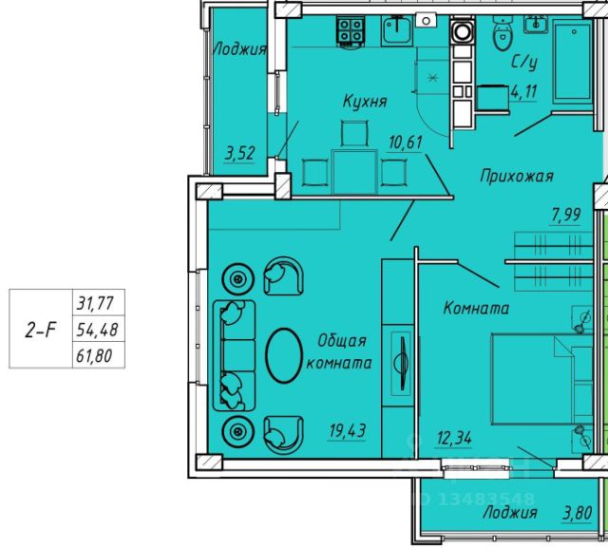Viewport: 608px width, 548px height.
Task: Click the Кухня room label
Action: (x=364, y=102)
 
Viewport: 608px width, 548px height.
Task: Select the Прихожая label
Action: (x=516, y=176)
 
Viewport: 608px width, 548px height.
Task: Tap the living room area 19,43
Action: (x=348, y=429)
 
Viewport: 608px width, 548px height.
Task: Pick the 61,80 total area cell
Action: (x=93, y=358)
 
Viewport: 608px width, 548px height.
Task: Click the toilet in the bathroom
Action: (x=501, y=36)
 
